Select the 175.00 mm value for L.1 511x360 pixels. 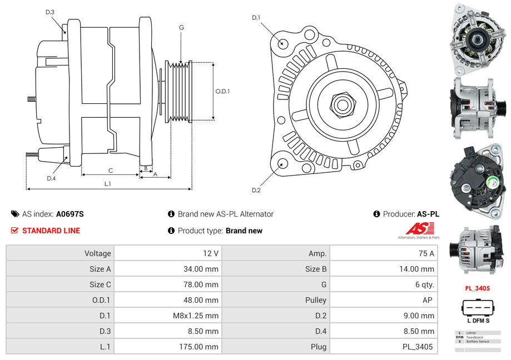click(x=202, y=347)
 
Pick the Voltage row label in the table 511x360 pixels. click(x=97, y=253)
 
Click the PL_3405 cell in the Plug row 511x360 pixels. click(x=418, y=347)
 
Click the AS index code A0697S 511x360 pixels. click(x=70, y=214)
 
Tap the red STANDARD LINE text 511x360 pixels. click(x=51, y=231)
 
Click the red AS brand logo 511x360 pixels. click(x=419, y=228)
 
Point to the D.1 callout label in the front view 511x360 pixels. click(x=256, y=18)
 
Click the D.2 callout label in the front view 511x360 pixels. click(x=256, y=190)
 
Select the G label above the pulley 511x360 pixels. click(x=181, y=27)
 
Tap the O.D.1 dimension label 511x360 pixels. click(x=222, y=92)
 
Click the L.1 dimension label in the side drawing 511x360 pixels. click(x=108, y=183)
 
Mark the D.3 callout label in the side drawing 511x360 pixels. click(x=50, y=12)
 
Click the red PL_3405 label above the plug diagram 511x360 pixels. click(x=477, y=288)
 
